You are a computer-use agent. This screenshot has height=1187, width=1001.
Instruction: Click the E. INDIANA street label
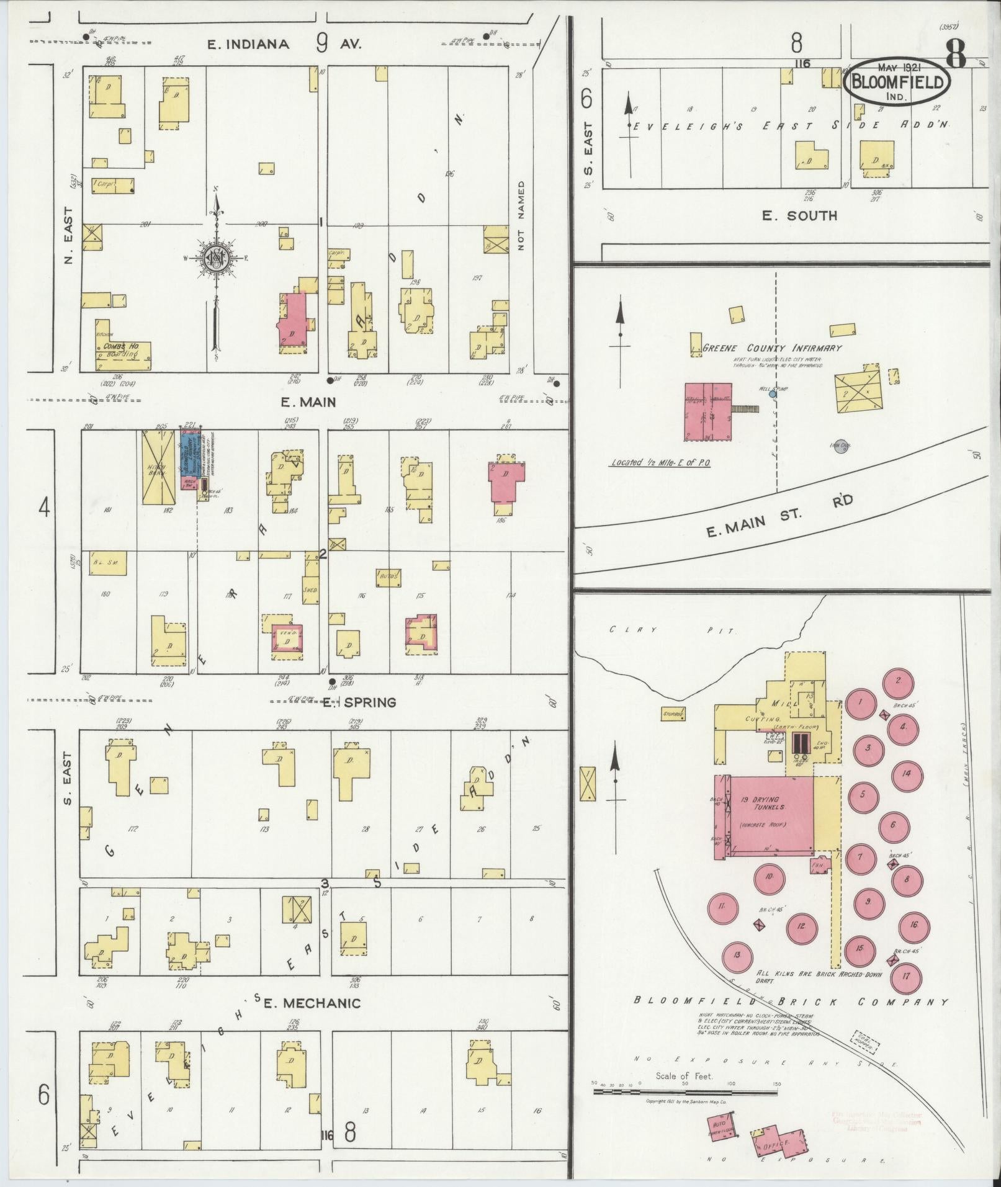click(248, 44)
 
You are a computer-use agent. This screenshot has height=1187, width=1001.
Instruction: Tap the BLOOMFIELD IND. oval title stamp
click(897, 83)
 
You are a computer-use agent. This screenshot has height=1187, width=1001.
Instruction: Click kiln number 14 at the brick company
click(906, 774)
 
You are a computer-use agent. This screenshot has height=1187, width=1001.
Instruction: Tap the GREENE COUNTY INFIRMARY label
click(772, 348)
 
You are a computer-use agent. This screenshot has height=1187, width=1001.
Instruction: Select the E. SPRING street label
click(360, 702)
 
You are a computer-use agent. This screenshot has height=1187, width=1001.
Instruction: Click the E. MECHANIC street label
click(312, 1003)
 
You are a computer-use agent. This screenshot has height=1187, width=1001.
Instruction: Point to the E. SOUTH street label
click(799, 215)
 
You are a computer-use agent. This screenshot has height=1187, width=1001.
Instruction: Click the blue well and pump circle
click(773, 393)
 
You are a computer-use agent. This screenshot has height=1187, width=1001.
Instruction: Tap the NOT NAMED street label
click(521, 215)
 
